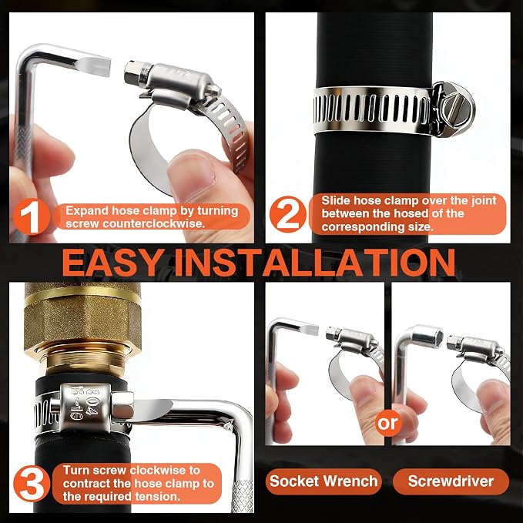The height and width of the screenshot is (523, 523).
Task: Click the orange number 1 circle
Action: (x=32, y=216)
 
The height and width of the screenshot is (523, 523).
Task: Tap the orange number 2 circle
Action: (x=288, y=214)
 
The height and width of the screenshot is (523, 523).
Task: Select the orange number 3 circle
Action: (x=32, y=484)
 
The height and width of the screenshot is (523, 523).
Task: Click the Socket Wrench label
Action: (x=324, y=481)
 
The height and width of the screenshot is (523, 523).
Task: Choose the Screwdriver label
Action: (x=451, y=481)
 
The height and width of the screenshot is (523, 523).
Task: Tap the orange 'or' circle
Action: (x=387, y=424)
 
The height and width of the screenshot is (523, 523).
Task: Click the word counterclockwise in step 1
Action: (x=153, y=223)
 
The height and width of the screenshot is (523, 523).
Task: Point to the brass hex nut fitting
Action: (x=82, y=321)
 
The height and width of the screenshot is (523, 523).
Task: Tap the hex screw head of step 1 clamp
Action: (x=132, y=72)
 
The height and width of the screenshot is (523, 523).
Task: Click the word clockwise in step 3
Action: (x=159, y=471)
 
